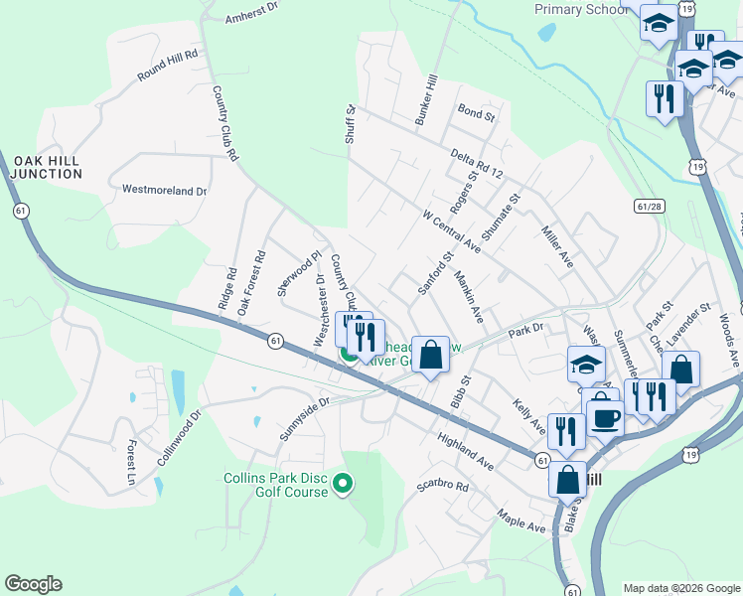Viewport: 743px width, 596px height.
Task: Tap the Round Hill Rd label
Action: pyautogui.click(x=168, y=65)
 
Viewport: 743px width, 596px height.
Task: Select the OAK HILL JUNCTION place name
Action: pyautogui.click(x=47, y=167)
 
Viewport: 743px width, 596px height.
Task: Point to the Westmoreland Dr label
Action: pyautogui.click(x=164, y=189)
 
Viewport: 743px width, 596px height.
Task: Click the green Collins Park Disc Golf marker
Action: pyautogui.click(x=343, y=484)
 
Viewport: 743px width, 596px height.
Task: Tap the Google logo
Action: pyautogui.click(x=33, y=584)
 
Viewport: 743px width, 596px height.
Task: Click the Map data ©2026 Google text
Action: pyautogui.click(x=680, y=588)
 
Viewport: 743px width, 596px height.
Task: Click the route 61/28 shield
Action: pyautogui.click(x=649, y=205)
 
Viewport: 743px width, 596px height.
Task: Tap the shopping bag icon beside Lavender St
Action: pyautogui.click(x=682, y=369)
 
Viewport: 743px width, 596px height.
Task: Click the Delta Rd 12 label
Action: pyautogui.click(x=478, y=163)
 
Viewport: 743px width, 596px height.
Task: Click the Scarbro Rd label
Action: pyautogui.click(x=442, y=486)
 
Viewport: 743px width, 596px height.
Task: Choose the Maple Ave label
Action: pyautogui.click(x=522, y=521)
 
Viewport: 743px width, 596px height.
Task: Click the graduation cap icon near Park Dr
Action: pyautogui.click(x=586, y=364)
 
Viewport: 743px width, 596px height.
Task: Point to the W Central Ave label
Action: pyautogui.click(x=451, y=230)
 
